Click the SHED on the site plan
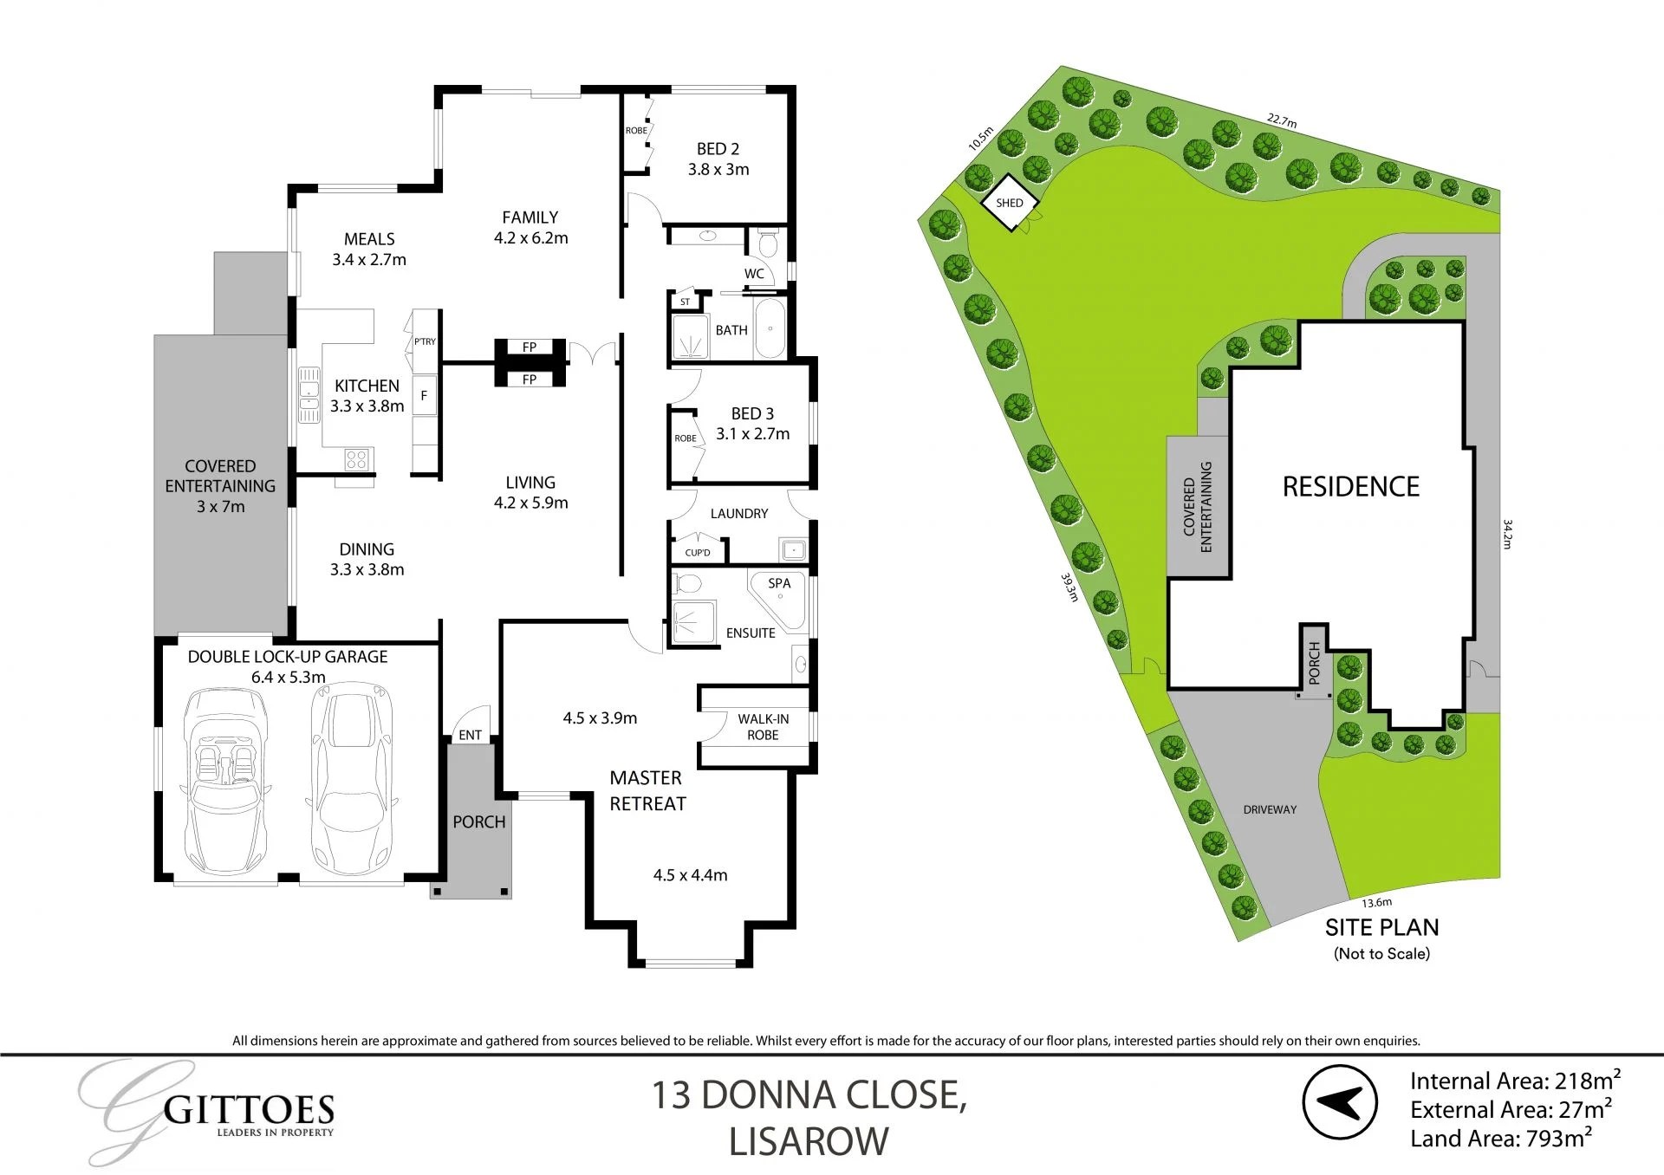point(1010,203)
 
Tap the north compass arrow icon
point(1340,1102)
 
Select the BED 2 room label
point(718,149)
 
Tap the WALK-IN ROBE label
point(763,727)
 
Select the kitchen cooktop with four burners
point(356,458)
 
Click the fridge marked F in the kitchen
point(424,396)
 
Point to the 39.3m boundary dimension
point(1070,587)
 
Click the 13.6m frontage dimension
point(1376,903)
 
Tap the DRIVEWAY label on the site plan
point(1270,809)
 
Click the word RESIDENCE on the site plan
point(1350,487)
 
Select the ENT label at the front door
point(470,735)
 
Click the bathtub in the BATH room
point(770,329)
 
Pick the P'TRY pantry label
point(425,342)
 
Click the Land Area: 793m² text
point(1500,1139)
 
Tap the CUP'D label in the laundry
point(698,553)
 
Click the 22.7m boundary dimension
point(1281,120)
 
